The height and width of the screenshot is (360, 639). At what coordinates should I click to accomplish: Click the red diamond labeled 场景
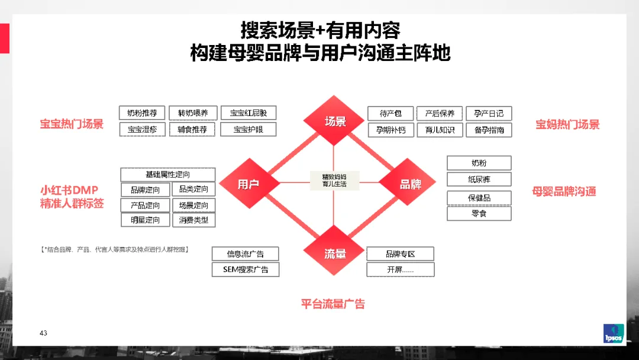click(334, 121)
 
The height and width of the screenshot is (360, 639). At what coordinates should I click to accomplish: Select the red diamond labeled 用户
click(249, 184)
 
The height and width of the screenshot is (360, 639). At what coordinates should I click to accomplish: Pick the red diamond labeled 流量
click(334, 250)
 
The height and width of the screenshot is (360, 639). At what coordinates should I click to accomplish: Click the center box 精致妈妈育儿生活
click(334, 181)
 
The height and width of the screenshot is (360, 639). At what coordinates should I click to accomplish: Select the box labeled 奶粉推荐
click(142, 113)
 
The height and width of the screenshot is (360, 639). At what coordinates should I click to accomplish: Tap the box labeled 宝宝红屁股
click(248, 113)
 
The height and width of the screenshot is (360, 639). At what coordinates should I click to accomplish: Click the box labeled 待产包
click(390, 113)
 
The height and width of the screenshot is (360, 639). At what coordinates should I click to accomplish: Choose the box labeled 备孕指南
click(489, 130)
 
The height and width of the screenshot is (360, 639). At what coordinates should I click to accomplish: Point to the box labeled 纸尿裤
click(479, 179)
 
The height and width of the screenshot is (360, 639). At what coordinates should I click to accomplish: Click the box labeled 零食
click(479, 214)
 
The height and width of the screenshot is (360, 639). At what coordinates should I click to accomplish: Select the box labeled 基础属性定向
click(168, 175)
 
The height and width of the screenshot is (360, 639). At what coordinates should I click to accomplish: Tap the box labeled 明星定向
click(145, 220)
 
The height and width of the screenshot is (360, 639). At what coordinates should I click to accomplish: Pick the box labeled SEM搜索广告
click(246, 269)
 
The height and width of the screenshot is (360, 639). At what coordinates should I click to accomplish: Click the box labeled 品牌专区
click(400, 254)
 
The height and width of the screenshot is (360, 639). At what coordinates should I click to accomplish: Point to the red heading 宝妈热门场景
click(567, 124)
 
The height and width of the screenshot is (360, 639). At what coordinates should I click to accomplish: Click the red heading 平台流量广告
click(333, 304)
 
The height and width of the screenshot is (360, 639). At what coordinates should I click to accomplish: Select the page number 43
click(43, 333)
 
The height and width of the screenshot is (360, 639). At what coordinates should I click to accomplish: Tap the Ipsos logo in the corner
click(614, 333)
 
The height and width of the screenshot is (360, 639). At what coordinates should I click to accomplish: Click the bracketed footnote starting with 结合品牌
click(115, 249)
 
